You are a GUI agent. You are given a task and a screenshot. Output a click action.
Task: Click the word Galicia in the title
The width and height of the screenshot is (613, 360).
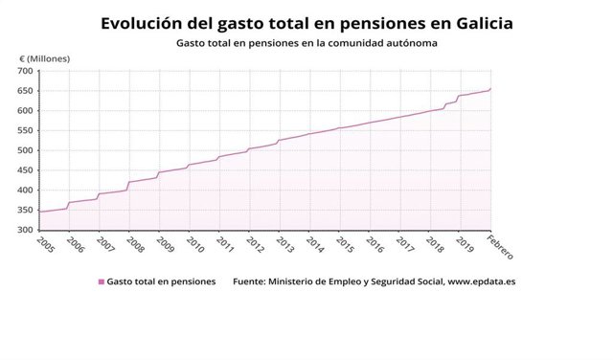point(472,21)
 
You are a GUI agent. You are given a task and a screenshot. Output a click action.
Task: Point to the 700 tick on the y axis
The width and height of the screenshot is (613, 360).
point(23,71)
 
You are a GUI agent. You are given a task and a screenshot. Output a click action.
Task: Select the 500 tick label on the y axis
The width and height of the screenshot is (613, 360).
point(23,150)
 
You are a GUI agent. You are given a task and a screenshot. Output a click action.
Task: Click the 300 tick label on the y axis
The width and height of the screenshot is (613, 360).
point(23,230)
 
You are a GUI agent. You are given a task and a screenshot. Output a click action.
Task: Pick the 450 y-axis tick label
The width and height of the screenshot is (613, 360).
point(23,170)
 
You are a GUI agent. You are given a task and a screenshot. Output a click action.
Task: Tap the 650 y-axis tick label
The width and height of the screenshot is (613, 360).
point(23,91)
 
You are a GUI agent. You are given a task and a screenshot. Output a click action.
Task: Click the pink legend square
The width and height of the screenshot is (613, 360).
point(101,282)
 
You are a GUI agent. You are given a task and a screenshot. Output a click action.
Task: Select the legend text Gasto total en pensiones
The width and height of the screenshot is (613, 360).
point(162,282)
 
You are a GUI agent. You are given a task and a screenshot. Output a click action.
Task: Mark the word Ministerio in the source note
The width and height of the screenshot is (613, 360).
point(296,282)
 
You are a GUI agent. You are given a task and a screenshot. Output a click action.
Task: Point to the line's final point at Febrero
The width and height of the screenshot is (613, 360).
point(490,89)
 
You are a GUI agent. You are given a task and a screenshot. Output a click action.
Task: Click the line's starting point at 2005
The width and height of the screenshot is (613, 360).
point(38,212)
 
